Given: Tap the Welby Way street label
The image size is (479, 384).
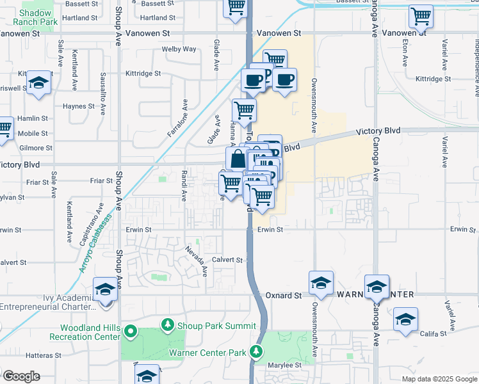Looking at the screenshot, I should pos(179,49).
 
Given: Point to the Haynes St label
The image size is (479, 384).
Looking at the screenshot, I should pos(79,106).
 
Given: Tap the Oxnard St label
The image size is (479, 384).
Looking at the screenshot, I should pos(284,296).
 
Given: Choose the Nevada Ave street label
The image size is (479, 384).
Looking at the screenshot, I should pos(197,261).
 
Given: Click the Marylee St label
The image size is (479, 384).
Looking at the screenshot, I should pos(284,365).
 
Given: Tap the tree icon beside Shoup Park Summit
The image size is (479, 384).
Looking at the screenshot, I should pos(168,326).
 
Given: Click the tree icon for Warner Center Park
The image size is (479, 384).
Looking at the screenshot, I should pos(256,352).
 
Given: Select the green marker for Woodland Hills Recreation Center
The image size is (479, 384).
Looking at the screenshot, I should pos(130,332).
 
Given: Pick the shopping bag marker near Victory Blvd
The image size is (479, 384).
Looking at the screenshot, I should pos(237,158).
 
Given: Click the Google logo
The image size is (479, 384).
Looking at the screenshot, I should pos(22,376).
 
